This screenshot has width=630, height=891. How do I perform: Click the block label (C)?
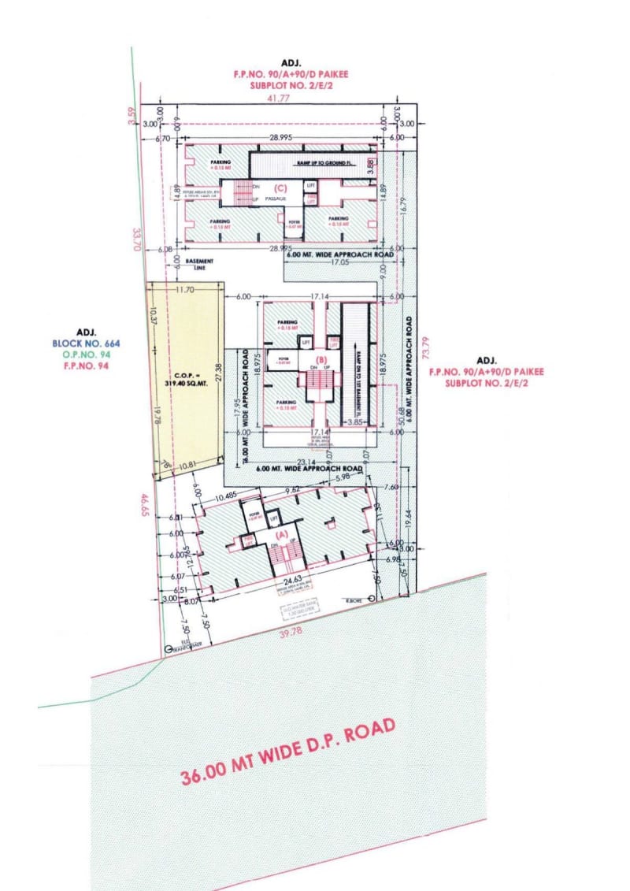[x=280, y=187]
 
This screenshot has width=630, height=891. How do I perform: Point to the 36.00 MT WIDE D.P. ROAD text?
[x=287, y=752]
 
